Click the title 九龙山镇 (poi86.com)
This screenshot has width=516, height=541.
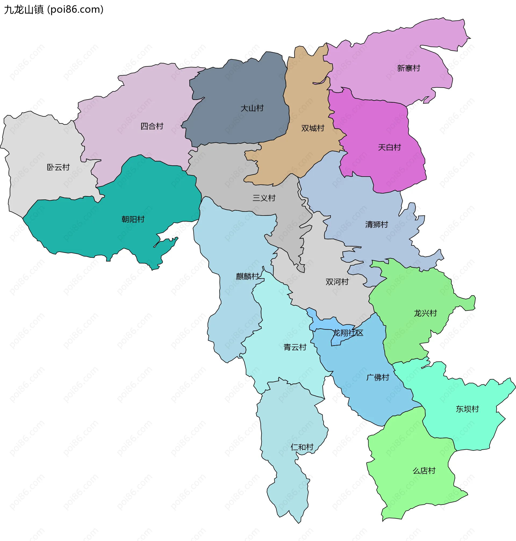54,10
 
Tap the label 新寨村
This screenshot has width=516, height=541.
408,68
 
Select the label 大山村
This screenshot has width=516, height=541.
252,108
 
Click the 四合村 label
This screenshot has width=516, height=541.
152,126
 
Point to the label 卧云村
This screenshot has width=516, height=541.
58,167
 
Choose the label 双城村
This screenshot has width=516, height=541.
313,128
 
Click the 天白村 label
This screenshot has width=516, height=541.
389,148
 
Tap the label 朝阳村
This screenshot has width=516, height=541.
133,219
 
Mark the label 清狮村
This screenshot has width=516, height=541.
376,224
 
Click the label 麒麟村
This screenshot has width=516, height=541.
247,277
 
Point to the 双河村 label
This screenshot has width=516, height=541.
337,282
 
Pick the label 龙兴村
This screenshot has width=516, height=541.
425,313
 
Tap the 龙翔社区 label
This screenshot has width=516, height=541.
348,333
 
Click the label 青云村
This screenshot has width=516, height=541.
295,347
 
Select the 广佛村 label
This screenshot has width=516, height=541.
378,377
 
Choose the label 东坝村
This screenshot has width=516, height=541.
467,409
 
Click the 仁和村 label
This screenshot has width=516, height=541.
302,447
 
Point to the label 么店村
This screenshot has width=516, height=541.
424,471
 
